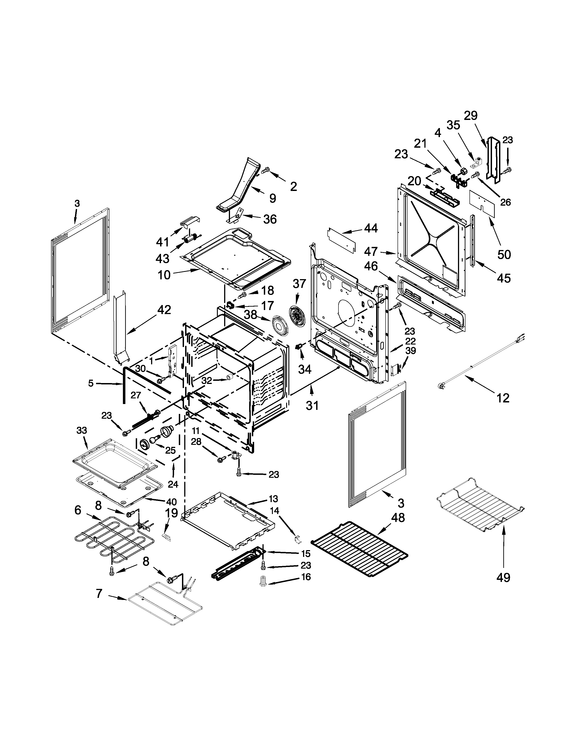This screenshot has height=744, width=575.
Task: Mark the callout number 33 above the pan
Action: point(82,431)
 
